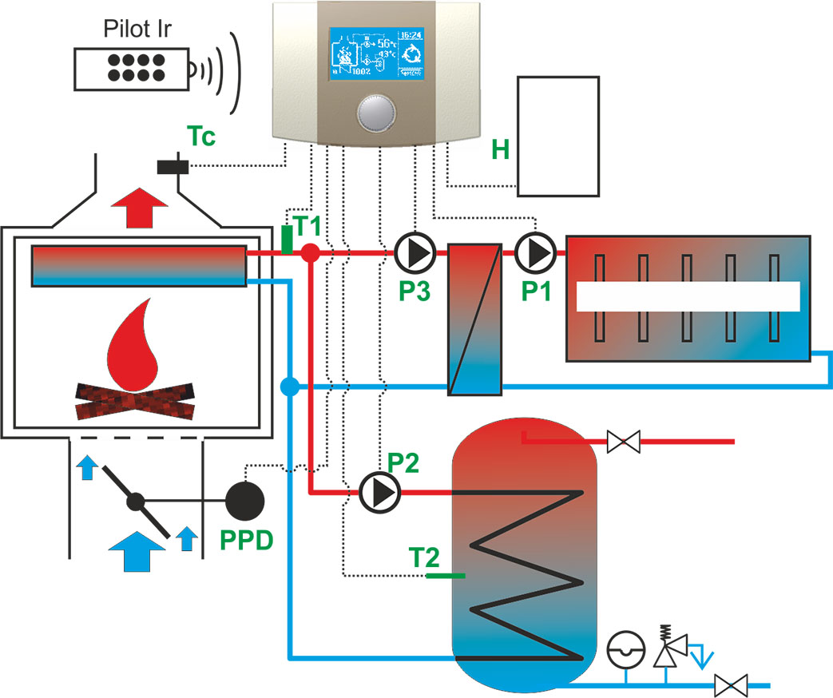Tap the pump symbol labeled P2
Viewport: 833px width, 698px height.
tap(379, 493)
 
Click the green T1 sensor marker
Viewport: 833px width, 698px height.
tap(287, 240)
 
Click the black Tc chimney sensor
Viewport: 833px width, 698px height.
tap(173, 167)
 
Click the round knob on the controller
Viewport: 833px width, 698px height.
tap(375, 113)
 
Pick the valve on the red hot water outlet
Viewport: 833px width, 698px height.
tap(623, 441)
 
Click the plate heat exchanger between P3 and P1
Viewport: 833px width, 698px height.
tap(474, 319)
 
